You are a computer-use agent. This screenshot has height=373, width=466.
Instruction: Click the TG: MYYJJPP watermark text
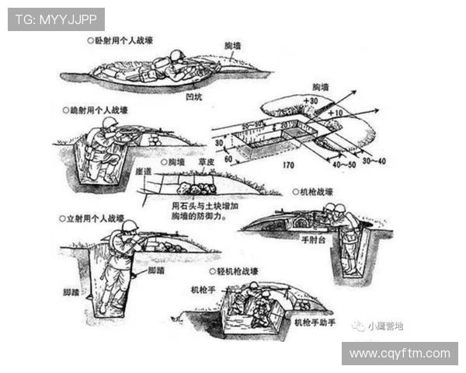(56, 19)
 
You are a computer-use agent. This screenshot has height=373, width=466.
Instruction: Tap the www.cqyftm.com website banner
(399, 354)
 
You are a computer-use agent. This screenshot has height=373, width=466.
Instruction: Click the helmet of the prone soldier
(176, 56)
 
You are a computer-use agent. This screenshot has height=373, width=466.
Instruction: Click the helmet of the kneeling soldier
(110, 123)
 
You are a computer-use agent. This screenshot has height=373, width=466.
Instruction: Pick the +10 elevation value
(335, 113)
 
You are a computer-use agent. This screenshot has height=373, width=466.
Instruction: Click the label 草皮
(207, 162)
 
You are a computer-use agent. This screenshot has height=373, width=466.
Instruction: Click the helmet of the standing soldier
(130, 226)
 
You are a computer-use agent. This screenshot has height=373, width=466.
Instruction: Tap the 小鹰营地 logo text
(386, 326)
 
